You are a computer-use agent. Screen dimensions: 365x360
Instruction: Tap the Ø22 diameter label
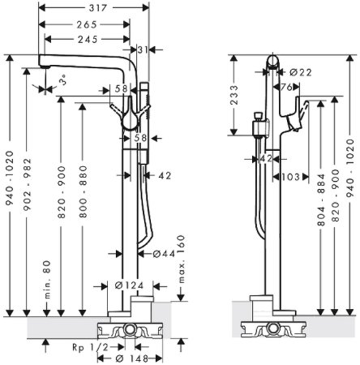pyautogui.click(x=299, y=73)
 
